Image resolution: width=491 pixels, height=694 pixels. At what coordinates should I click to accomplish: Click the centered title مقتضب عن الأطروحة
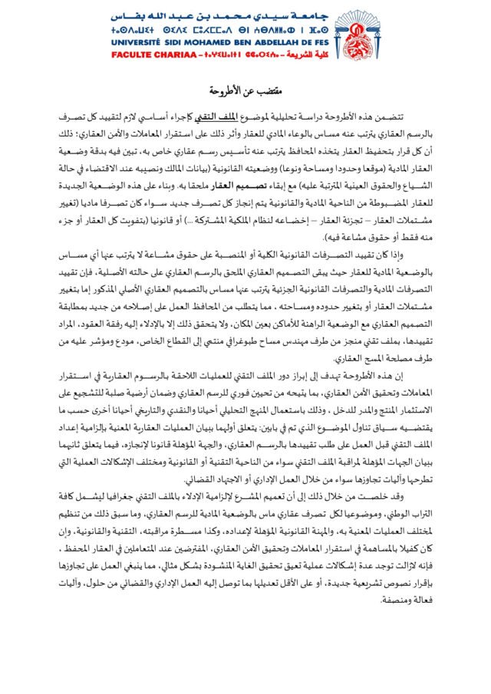pos(245,89)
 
